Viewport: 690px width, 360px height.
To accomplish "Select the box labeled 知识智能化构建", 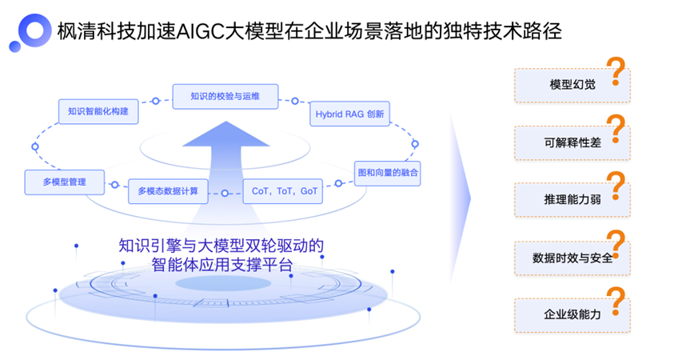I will coord(98,112).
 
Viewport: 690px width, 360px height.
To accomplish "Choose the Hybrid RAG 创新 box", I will coord(349,114).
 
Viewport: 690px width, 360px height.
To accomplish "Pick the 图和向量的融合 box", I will coord(387,173).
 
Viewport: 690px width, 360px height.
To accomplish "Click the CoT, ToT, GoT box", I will coord(285,191).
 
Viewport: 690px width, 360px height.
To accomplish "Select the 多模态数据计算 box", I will coord(168,191).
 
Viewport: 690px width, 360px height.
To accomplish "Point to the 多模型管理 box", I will coord(65,182).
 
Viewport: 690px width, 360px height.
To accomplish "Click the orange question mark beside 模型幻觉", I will coord(615,71).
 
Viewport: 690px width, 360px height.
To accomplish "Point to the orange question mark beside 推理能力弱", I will coord(615,186).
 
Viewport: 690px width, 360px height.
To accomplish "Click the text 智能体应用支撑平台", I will coord(221,265).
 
